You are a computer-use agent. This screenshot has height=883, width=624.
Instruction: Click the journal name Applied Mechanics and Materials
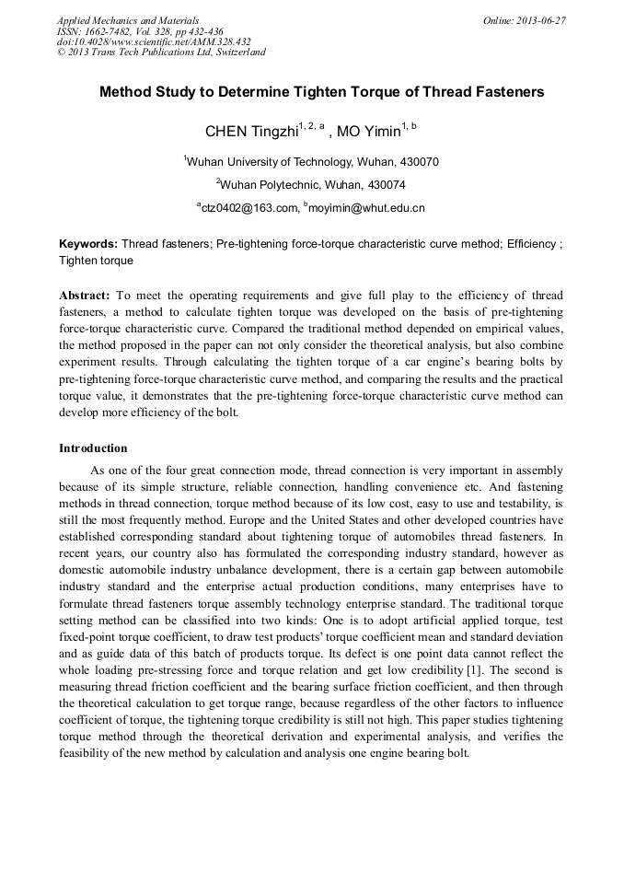point(128,20)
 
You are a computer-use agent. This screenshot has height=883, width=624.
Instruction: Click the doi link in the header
point(154,41)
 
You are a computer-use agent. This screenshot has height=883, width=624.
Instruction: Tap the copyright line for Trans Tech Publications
point(161,52)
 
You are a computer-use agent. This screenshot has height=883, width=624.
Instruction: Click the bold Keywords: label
point(88,244)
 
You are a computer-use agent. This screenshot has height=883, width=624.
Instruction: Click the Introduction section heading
point(93,448)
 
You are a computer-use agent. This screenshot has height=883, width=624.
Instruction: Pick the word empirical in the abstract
point(488,329)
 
